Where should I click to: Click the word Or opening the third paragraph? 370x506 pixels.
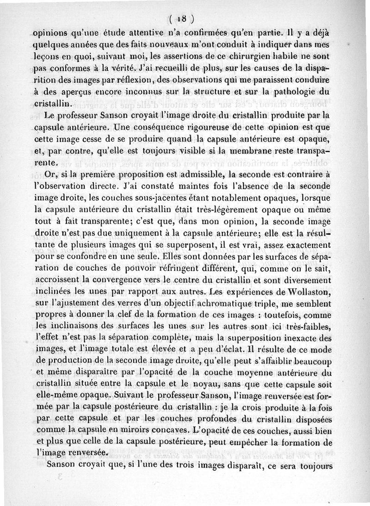click(x=50, y=174)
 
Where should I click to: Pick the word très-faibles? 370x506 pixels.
click(x=309, y=327)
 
